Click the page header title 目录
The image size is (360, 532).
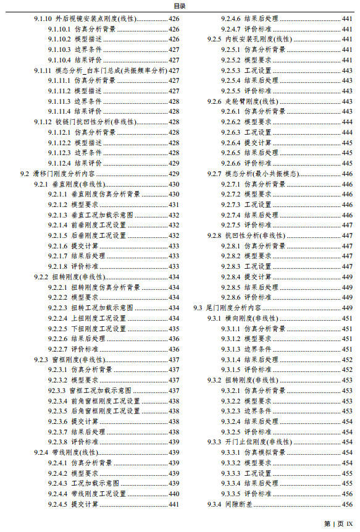180,6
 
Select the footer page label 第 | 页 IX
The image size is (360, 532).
338,523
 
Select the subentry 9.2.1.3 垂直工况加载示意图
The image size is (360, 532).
93,215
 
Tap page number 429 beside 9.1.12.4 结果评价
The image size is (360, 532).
174,163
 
